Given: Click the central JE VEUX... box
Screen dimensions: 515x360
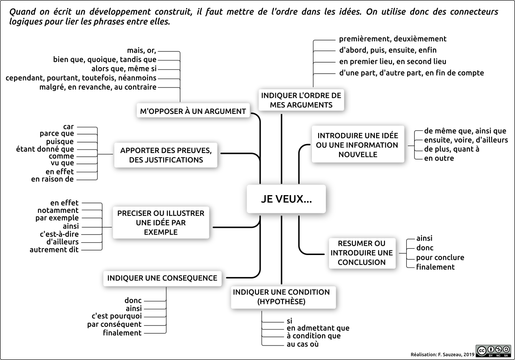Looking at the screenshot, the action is click(286, 199).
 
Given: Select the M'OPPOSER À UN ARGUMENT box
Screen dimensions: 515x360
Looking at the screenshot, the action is click(193, 111).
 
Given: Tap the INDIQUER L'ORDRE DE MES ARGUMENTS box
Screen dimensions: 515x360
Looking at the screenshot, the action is click(301, 100).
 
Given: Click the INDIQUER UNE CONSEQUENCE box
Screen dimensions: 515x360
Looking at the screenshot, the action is click(162, 278).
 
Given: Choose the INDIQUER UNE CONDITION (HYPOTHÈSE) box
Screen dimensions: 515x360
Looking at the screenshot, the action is click(283, 297).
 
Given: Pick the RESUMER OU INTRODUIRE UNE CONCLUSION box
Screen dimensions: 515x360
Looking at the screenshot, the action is click(362, 253).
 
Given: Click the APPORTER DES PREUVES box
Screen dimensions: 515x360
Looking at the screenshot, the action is click(166, 155).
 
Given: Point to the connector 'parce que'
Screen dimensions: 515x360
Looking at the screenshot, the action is click(57, 133).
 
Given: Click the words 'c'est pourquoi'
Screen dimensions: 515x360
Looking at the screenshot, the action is click(116, 316).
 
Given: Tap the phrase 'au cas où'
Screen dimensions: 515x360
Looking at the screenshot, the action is click(303, 344).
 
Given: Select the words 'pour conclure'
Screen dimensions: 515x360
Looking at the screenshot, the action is click(440, 258).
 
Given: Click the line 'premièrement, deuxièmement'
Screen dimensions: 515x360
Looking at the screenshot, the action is click(393, 39).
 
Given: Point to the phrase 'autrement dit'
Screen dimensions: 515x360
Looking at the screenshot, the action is click(54, 249).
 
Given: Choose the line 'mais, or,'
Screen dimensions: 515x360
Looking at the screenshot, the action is click(141, 51).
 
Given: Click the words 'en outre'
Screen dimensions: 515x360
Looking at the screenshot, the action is click(439, 158).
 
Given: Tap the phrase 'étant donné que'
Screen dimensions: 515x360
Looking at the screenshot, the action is click(45, 149).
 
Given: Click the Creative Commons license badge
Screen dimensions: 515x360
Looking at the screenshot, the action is click(493, 351).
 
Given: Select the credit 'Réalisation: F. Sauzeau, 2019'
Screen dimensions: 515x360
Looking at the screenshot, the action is click(442, 354).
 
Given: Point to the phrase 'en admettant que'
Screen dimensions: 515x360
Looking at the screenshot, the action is click(318, 328).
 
